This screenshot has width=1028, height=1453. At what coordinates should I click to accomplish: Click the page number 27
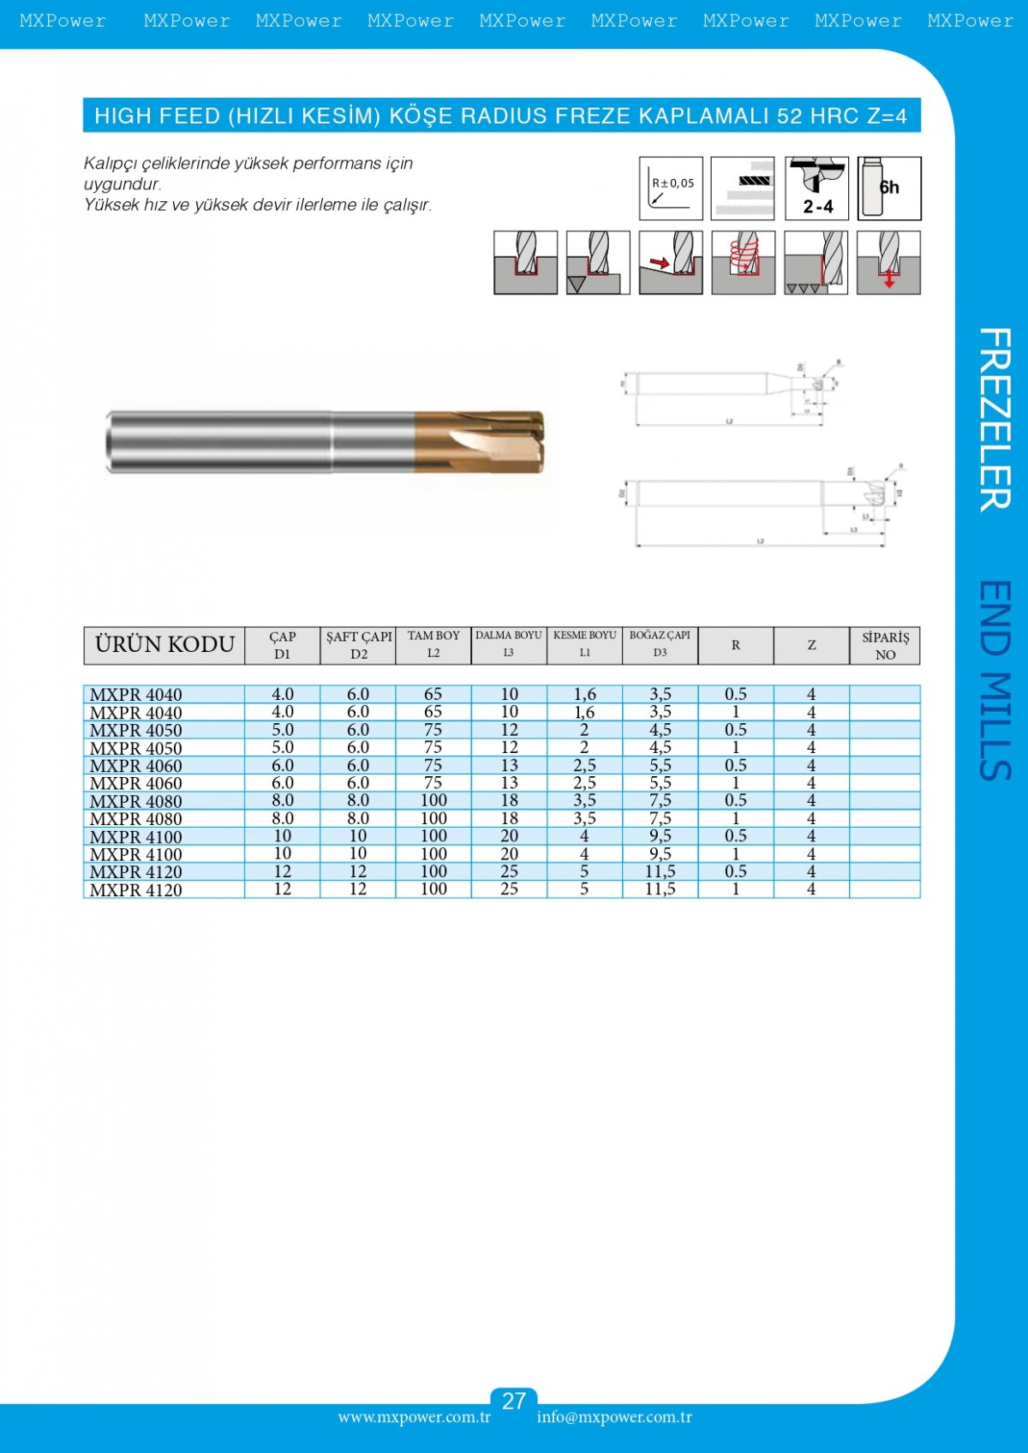pyautogui.click(x=513, y=1402)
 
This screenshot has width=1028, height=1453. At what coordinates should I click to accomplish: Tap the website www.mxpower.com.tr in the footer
pyautogui.click(x=414, y=1417)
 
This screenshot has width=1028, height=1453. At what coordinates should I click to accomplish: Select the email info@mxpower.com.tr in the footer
pyautogui.click(x=614, y=1417)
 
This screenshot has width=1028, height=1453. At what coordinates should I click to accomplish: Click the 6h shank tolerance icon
pyautogui.click(x=889, y=188)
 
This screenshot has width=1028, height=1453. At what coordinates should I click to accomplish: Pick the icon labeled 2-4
pyautogui.click(x=817, y=188)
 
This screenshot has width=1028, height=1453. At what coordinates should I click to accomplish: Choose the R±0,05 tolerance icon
pyautogui.click(x=671, y=188)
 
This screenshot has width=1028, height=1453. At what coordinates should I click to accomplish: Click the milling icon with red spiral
pyautogui.click(x=744, y=262)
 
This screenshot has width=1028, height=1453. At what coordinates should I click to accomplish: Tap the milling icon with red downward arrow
pyautogui.click(x=889, y=262)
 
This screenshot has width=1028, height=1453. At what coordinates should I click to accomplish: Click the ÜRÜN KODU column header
pyautogui.click(x=164, y=645)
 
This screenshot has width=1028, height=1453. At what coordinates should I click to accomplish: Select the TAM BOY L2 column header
pyautogui.click(x=433, y=645)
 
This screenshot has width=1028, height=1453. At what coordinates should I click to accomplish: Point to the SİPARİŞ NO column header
pyautogui.click(x=885, y=645)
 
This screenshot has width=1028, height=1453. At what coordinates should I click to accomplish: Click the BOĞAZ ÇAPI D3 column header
pyautogui.click(x=660, y=644)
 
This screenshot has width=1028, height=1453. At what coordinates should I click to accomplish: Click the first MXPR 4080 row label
pyautogui.click(x=136, y=801)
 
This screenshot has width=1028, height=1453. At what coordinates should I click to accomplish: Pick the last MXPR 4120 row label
pyautogui.click(x=136, y=890)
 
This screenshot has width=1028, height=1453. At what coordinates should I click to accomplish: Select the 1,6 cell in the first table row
pyautogui.click(x=584, y=695)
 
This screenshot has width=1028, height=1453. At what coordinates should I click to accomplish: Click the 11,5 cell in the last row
pyautogui.click(x=660, y=889)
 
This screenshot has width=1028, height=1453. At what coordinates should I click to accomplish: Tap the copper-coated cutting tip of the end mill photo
pyautogui.click(x=480, y=441)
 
